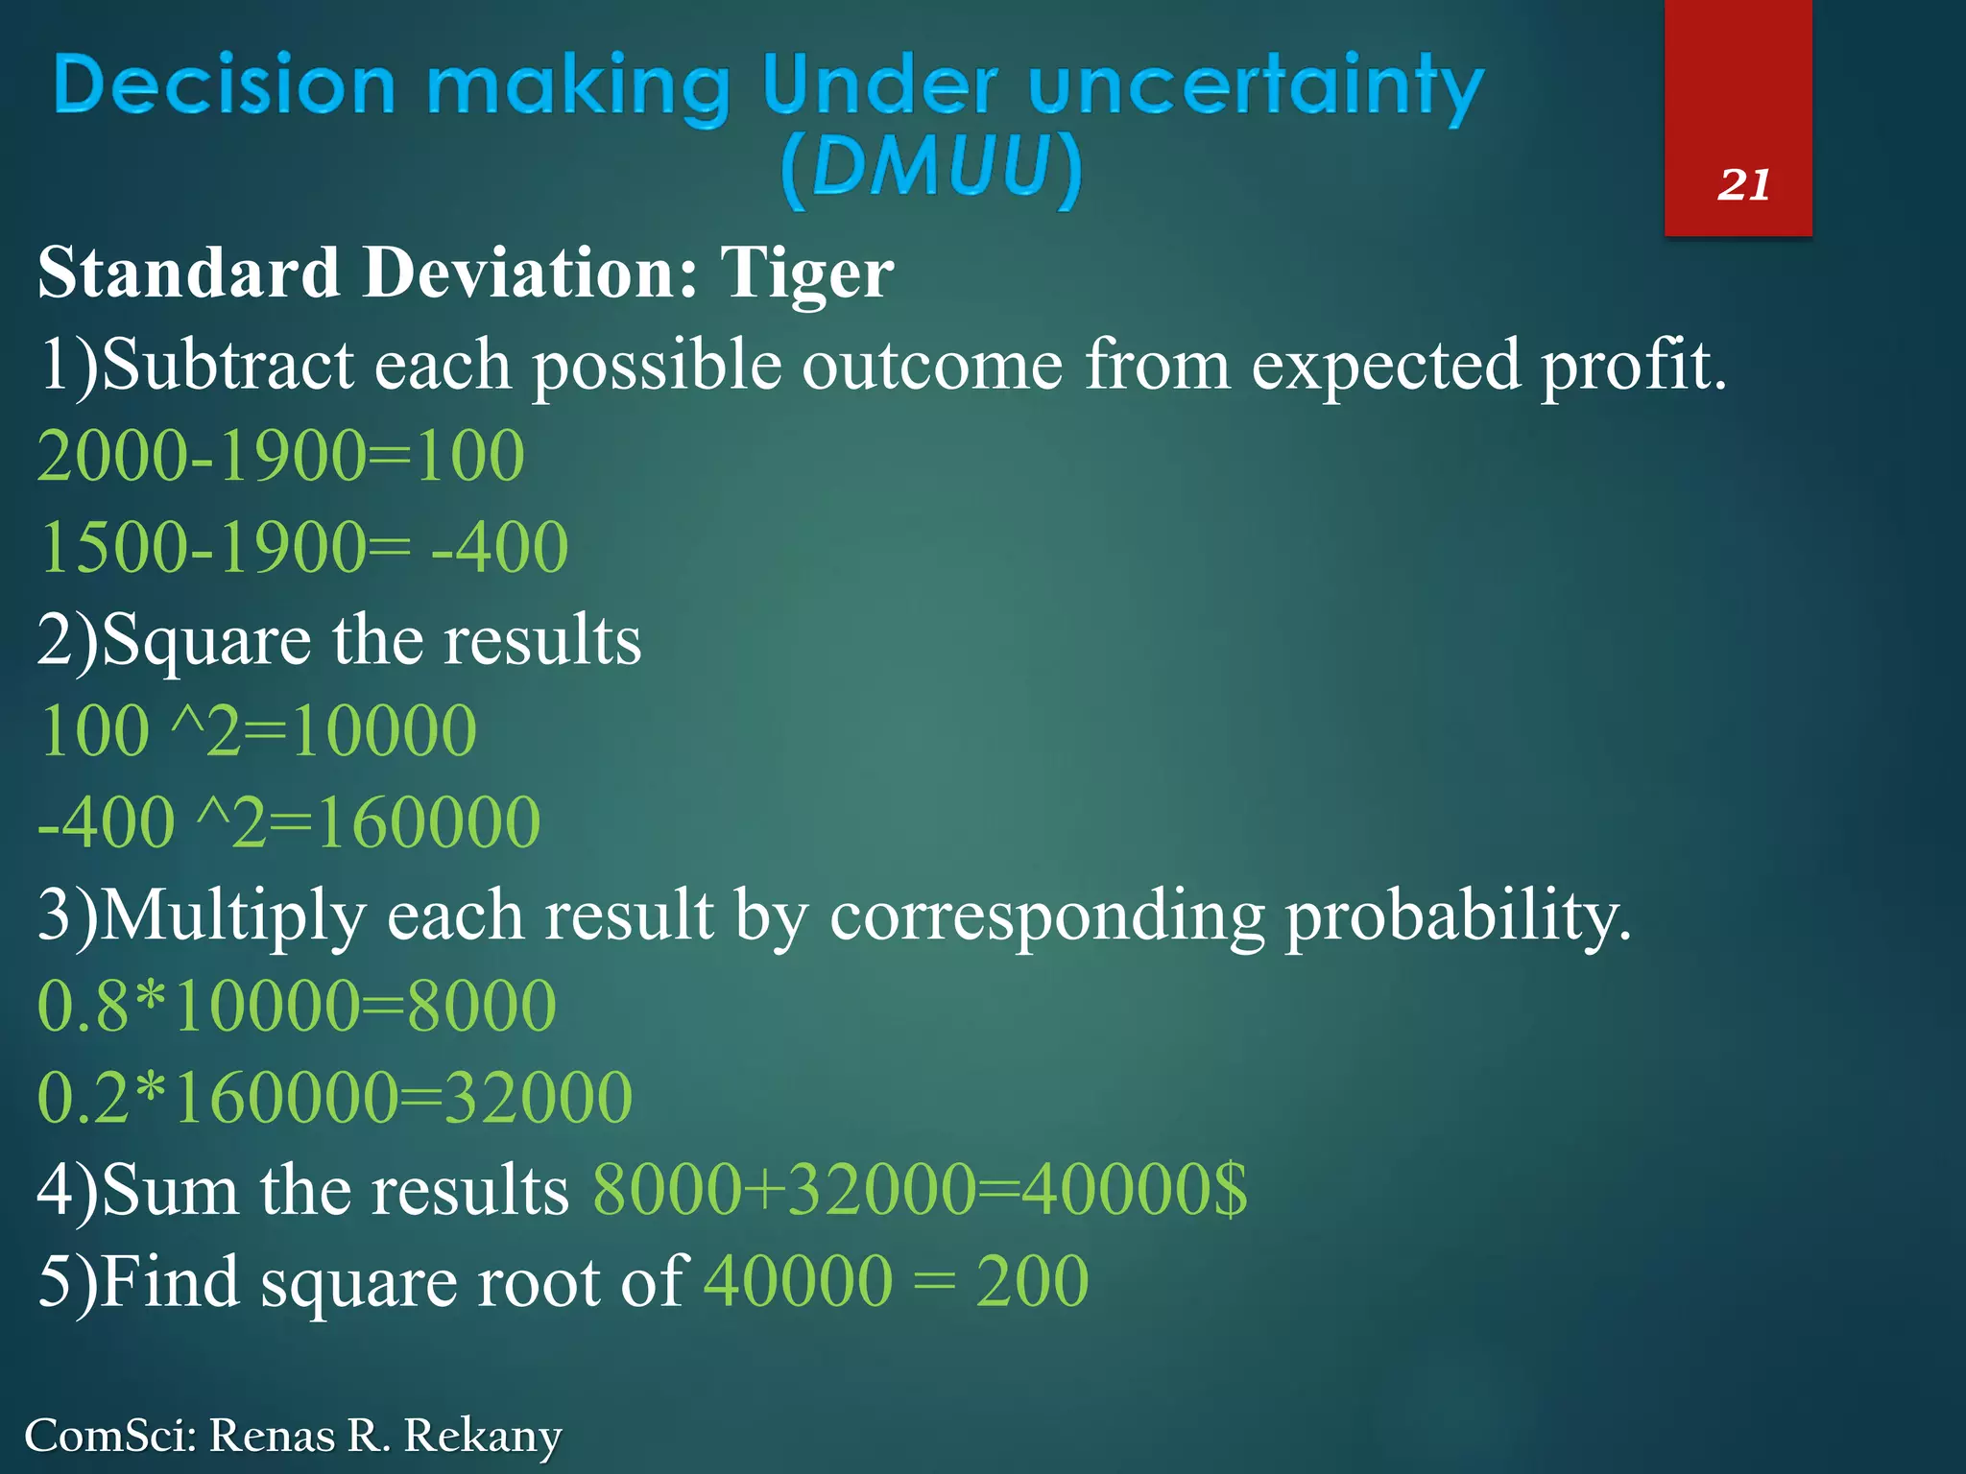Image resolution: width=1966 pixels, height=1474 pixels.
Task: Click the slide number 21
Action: tap(1743, 184)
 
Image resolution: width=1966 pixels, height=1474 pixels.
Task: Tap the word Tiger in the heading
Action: tap(806, 273)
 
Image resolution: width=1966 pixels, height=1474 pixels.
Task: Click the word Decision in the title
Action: tap(225, 86)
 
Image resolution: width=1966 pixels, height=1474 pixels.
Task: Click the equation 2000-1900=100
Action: tap(280, 455)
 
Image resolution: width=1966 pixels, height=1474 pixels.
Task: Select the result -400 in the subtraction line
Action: tap(499, 547)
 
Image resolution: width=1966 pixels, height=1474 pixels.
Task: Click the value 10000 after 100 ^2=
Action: tap(384, 731)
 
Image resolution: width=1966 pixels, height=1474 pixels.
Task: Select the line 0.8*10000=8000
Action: tap(297, 1006)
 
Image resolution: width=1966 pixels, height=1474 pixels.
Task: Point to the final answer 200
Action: tap(1032, 1281)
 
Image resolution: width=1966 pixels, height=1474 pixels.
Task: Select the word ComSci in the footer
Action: tap(109, 1436)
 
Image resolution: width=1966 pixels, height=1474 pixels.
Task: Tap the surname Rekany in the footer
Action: tap(482, 1437)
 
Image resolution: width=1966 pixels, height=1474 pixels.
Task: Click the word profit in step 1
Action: tap(1632, 367)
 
